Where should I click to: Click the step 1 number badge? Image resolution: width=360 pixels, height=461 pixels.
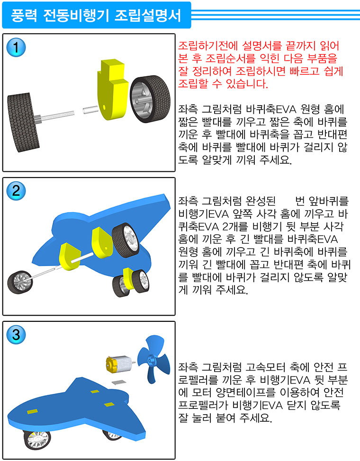(x=16, y=47)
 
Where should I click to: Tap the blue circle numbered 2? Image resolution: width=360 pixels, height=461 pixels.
(x=16, y=191)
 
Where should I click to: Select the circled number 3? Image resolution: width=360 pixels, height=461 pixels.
(x=16, y=335)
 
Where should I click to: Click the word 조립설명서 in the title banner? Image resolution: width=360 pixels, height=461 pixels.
(x=147, y=15)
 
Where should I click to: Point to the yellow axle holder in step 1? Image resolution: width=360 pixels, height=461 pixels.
(x=112, y=89)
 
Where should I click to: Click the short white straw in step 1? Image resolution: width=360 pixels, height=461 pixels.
(x=90, y=110)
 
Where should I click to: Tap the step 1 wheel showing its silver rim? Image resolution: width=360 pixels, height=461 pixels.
(x=150, y=98)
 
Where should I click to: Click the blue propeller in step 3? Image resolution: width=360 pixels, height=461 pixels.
(x=153, y=359)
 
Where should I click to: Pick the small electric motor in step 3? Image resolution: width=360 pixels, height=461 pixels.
(x=119, y=364)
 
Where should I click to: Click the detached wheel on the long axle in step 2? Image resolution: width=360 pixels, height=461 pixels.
(x=20, y=282)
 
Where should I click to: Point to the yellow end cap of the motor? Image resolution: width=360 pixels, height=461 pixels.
(x=110, y=364)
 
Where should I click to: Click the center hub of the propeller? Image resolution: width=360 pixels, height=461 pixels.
(x=152, y=359)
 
